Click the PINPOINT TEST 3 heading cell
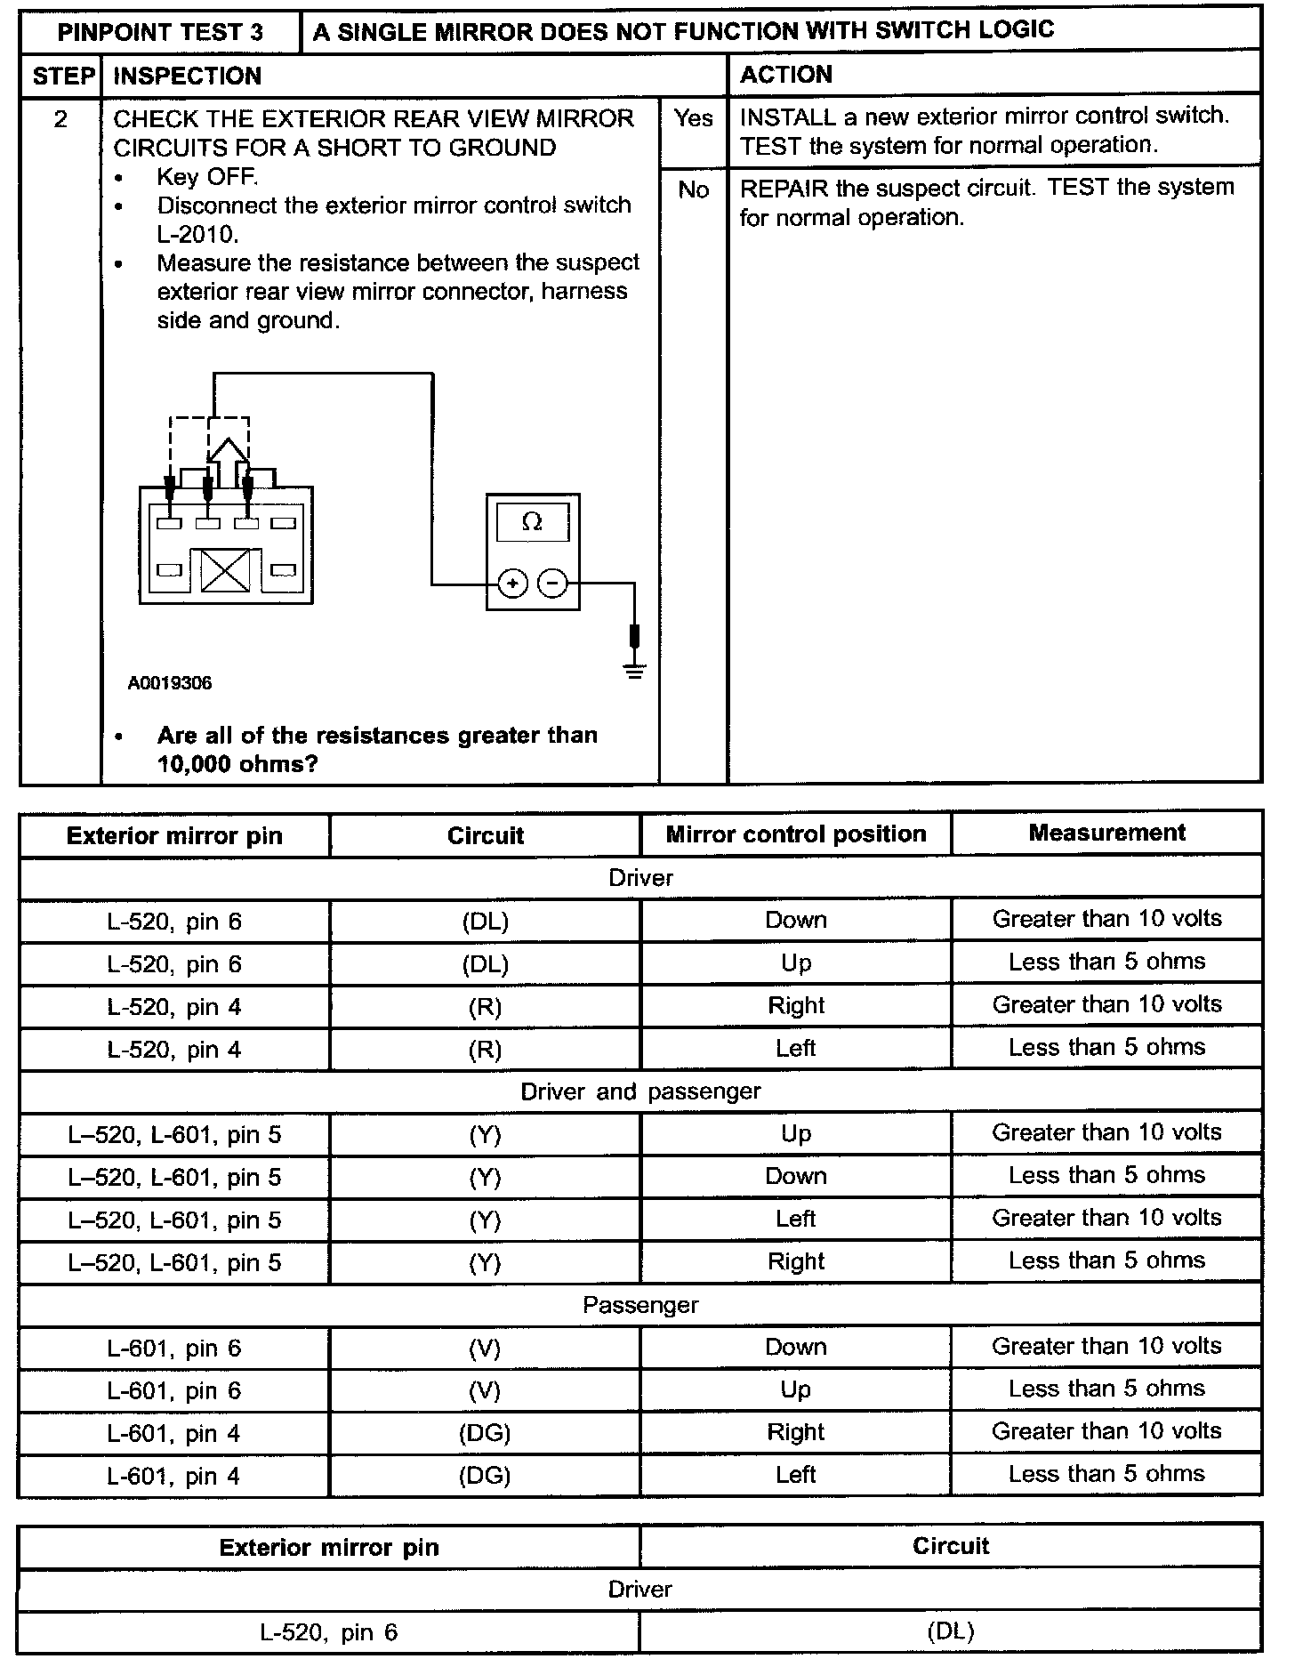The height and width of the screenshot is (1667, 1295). coord(160,33)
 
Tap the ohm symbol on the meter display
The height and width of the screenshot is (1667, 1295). coord(532,522)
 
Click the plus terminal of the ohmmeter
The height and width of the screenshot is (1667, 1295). coord(512,584)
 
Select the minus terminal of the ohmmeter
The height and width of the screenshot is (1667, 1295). coord(552,584)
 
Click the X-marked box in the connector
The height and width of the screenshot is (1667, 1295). coord(226,570)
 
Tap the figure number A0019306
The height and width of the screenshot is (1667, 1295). coord(170,683)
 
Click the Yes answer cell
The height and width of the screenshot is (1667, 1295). coord(693,118)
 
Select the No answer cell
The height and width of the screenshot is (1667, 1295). coord(693,189)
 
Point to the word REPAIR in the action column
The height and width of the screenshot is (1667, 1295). coord(784,188)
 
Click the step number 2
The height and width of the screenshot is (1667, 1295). coord(60,119)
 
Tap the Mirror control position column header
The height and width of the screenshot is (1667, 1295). coord(796,834)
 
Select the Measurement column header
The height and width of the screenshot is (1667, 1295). coord(1106,833)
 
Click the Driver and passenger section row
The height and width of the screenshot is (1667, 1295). coord(640,1091)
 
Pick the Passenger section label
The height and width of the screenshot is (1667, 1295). coord(640,1305)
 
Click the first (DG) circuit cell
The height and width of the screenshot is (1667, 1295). coord(485,1433)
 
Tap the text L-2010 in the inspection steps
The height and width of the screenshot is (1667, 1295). coord(198,235)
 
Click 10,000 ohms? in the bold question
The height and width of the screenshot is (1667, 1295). coord(237,764)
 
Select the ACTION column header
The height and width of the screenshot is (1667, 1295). coord(786,75)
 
